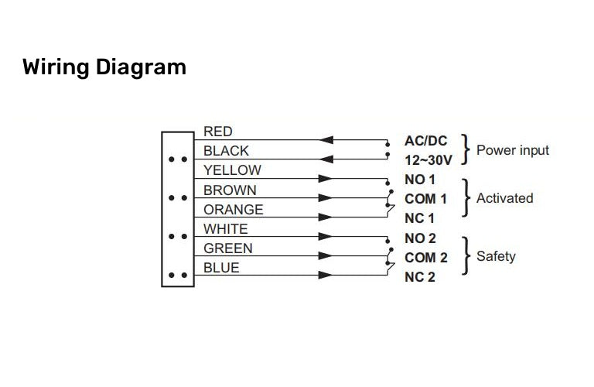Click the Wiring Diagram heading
[104, 67]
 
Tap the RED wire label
[217, 132]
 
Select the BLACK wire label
[226, 151]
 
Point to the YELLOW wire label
[232, 170]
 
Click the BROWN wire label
[230, 190]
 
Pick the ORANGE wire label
[233, 210]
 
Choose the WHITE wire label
[225, 229]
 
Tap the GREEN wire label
[227, 248]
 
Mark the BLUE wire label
[221, 268]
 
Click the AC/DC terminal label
[425, 140]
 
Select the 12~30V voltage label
[428, 159]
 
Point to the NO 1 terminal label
[420, 180]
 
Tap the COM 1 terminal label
[425, 199]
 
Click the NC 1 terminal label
[420, 218]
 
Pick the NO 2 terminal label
[420, 238]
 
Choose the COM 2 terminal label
[425, 258]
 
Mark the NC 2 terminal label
[420, 277]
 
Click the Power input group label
[512, 149]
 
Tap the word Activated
[504, 198]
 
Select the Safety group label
[496, 256]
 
